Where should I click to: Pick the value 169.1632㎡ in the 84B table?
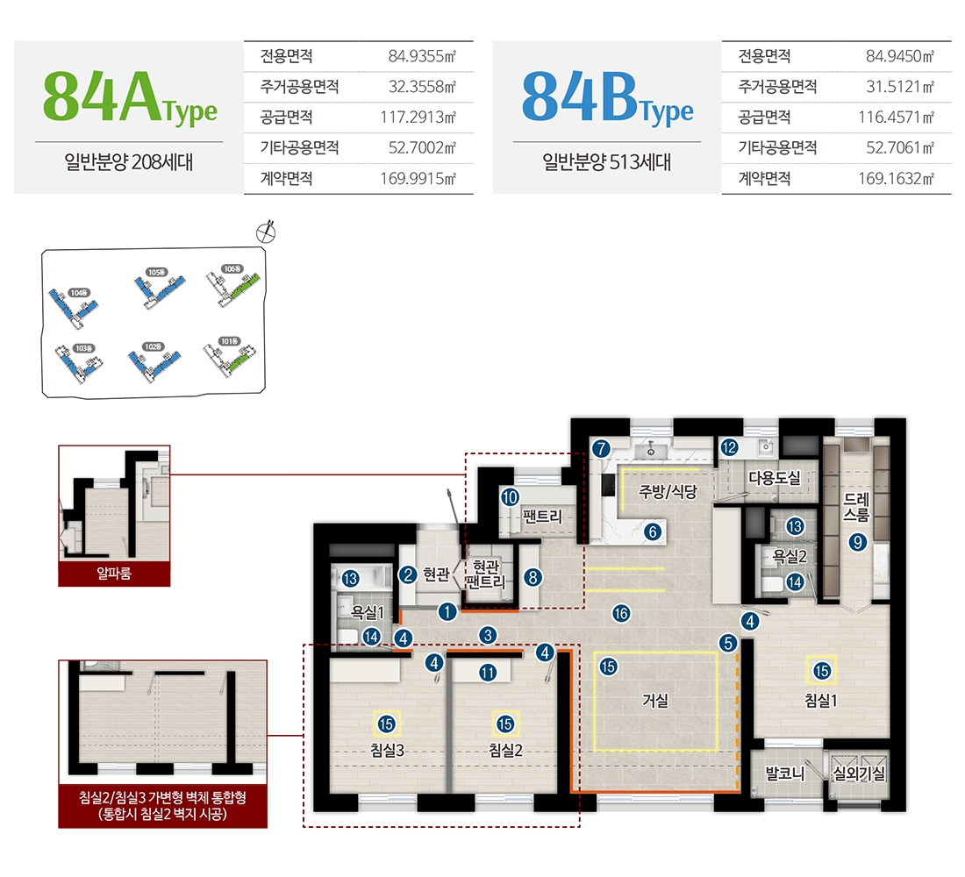(894, 179)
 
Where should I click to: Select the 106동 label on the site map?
(232, 268)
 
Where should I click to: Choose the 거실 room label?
(655, 701)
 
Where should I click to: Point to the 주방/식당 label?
(668, 492)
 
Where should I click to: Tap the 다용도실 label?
(775, 478)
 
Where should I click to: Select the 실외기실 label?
(860, 774)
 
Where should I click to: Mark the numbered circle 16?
(621, 614)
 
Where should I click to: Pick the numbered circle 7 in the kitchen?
(601, 448)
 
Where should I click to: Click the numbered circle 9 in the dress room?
(857, 543)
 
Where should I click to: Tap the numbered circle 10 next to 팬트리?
(510, 496)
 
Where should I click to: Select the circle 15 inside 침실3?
(387, 724)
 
